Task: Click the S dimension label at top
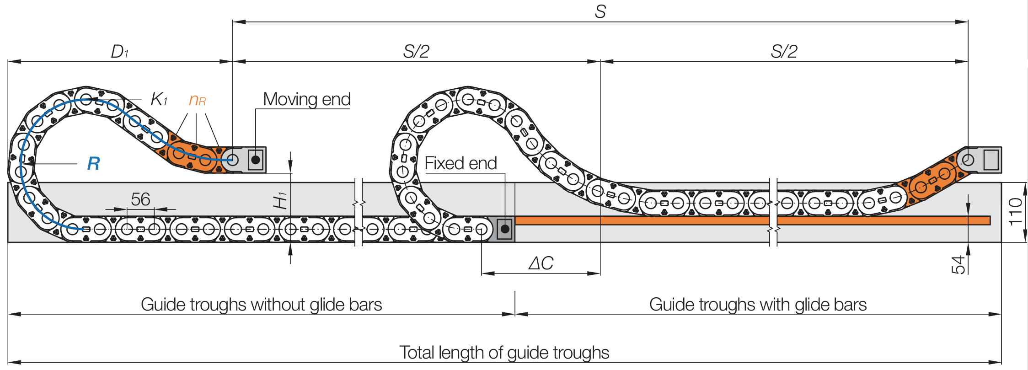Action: pyautogui.click(x=600, y=11)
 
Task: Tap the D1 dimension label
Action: pyautogui.click(x=120, y=52)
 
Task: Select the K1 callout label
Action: pyautogui.click(x=159, y=99)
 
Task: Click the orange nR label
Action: pyautogui.click(x=197, y=100)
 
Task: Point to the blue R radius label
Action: pyautogui.click(x=93, y=163)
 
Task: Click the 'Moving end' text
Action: pyautogui.click(x=306, y=99)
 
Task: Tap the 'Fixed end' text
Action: pyautogui.click(x=460, y=163)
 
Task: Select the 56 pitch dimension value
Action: pyautogui.click(x=140, y=199)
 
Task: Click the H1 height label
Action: pyautogui.click(x=280, y=201)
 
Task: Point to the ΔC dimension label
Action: pyautogui.click(x=541, y=263)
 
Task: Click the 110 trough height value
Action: pyautogui.click(x=1015, y=212)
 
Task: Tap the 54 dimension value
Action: pyautogui.click(x=958, y=265)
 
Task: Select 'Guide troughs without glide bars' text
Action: pyautogui.click(x=261, y=305)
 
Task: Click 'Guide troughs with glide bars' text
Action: pyautogui.click(x=758, y=305)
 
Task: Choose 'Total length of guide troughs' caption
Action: pyautogui.click(x=504, y=353)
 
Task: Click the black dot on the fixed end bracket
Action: pyautogui.click(x=505, y=229)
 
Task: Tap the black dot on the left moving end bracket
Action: pyautogui.click(x=256, y=160)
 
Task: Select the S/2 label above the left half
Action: pyautogui.click(x=416, y=52)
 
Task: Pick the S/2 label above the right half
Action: pyautogui.click(x=784, y=52)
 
